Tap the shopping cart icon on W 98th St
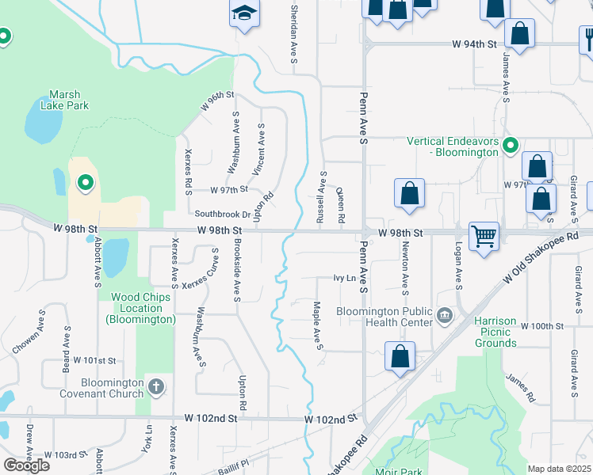(x=483, y=235)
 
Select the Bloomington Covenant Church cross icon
(x=156, y=387)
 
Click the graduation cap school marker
(x=245, y=13)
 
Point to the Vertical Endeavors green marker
(x=511, y=146)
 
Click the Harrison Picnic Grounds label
(x=495, y=332)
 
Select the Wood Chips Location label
(x=140, y=308)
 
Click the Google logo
(x=27, y=465)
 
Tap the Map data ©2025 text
(x=558, y=469)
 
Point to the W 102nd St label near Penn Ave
(x=331, y=418)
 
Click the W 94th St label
(x=474, y=45)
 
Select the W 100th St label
(x=542, y=326)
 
